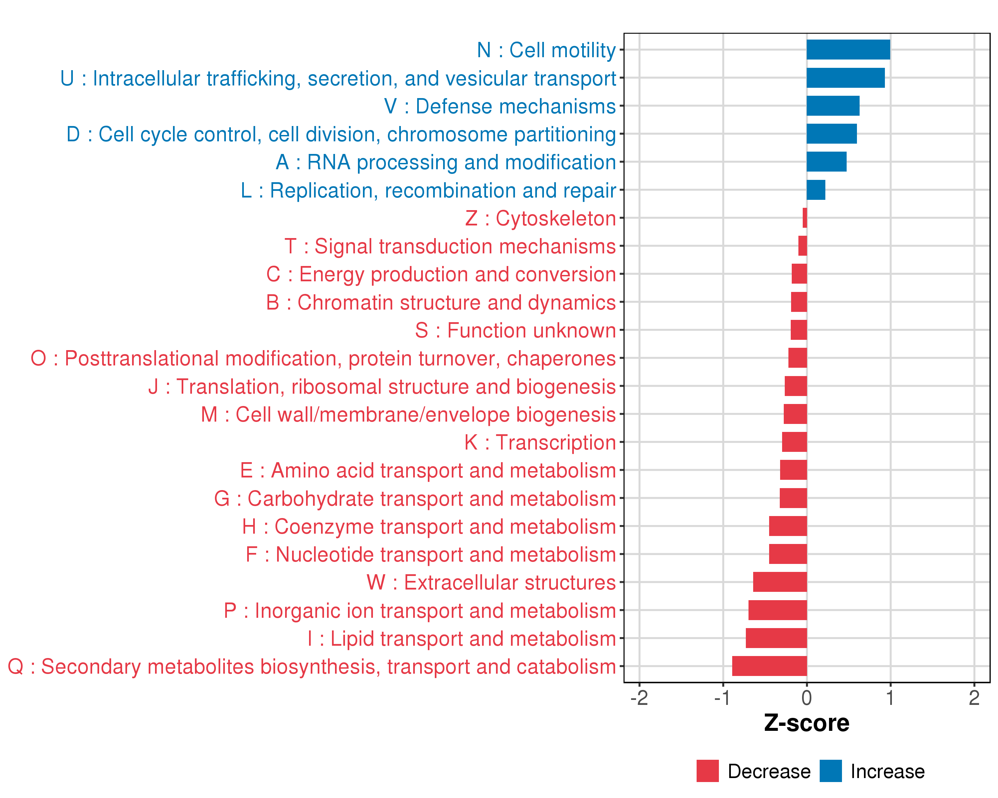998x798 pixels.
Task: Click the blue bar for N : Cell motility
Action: (x=848, y=50)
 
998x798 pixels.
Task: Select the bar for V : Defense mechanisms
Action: (x=833, y=106)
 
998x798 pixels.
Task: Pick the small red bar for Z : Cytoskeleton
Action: (x=804, y=218)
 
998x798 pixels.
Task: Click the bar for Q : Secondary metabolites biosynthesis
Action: (x=769, y=666)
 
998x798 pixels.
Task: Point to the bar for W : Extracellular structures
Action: (x=780, y=582)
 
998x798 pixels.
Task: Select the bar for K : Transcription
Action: (x=794, y=442)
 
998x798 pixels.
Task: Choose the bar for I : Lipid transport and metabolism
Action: (x=776, y=638)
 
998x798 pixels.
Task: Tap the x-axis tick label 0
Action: (x=807, y=698)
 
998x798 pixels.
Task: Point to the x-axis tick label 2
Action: (x=974, y=698)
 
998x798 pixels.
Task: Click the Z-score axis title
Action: (x=806, y=723)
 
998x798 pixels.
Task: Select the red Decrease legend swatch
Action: (x=707, y=771)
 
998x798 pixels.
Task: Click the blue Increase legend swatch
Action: (x=830, y=771)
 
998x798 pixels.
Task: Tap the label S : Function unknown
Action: (x=515, y=330)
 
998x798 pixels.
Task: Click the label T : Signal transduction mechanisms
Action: (x=450, y=246)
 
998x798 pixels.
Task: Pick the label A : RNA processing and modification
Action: (x=446, y=162)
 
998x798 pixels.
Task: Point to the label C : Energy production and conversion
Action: (x=441, y=274)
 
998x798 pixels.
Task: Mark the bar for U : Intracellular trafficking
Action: (x=846, y=78)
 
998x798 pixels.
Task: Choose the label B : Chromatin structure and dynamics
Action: (x=441, y=303)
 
